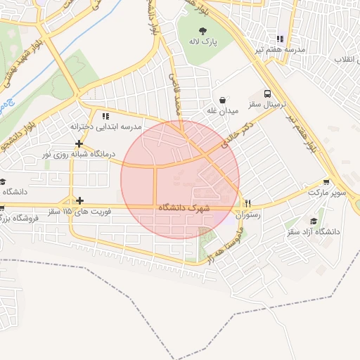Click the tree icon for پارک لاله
click(203, 30)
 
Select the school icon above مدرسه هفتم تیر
click(280, 39)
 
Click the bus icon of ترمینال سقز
click(267, 94)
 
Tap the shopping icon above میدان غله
click(223, 100)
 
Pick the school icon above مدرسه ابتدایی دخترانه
click(105, 116)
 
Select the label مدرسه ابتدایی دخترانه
click(105, 127)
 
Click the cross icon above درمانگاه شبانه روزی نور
click(79, 143)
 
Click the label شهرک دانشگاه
click(185, 208)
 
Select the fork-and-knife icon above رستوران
click(247, 203)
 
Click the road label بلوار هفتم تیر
click(307, 130)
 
